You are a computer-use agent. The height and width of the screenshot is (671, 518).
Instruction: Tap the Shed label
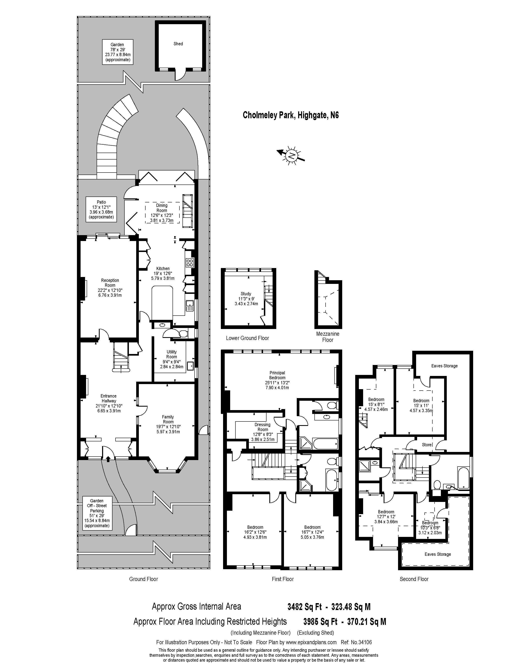tap(178, 44)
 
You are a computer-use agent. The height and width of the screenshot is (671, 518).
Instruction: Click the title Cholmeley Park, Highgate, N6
tap(291, 115)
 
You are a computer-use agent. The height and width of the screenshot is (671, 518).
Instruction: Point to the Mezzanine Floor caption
tap(328, 337)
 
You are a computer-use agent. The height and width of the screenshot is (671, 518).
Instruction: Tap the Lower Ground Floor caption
tap(247, 338)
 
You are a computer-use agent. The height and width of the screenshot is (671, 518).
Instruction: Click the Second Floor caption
tap(414, 579)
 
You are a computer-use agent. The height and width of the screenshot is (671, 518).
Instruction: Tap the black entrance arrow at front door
tap(108, 459)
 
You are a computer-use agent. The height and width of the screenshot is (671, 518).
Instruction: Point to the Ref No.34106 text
tap(356, 642)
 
